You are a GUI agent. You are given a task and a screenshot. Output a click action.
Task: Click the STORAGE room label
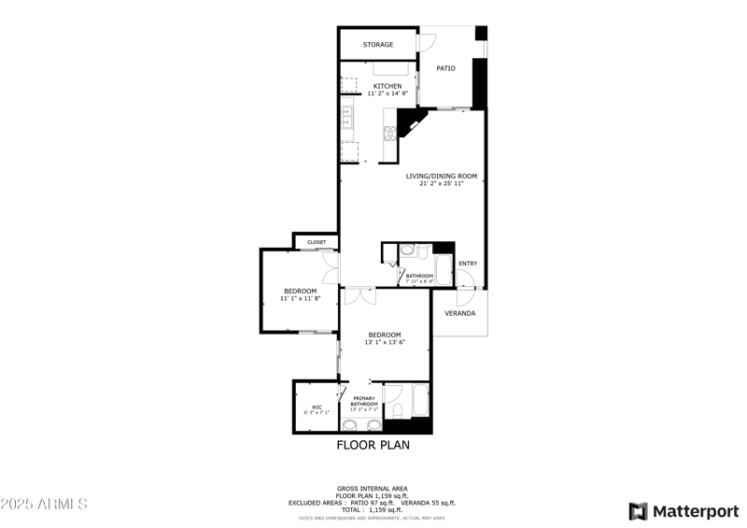pyautogui.click(x=378, y=45)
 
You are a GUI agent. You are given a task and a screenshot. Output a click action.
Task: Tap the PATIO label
pyautogui.click(x=446, y=68)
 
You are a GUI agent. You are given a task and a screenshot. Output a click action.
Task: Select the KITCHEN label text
pyautogui.click(x=388, y=86)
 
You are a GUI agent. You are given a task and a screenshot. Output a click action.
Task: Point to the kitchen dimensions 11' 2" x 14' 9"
pyautogui.click(x=388, y=93)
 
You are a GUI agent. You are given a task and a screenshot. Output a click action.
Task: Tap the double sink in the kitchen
pyautogui.click(x=345, y=118)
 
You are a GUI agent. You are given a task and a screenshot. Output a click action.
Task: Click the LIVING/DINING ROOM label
pyautogui.click(x=442, y=176)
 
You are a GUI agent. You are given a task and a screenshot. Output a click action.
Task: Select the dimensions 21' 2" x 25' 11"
pyautogui.click(x=442, y=183)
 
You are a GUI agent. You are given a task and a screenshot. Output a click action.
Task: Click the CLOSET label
pyautogui.click(x=317, y=242)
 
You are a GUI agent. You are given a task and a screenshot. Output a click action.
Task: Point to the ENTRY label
pyautogui.click(x=468, y=264)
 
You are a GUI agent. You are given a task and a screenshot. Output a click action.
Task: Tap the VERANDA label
pyautogui.click(x=459, y=313)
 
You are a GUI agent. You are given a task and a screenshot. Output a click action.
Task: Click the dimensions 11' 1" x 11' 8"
pyautogui.click(x=301, y=298)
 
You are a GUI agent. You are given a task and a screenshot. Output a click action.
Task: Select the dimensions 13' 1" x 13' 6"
pyautogui.click(x=385, y=342)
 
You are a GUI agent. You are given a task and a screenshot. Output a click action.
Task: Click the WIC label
pyautogui.click(x=317, y=407)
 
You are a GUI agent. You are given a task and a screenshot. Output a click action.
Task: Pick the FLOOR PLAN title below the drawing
pyautogui.click(x=373, y=446)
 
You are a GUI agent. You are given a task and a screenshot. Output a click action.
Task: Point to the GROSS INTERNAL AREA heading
pyautogui.click(x=372, y=489)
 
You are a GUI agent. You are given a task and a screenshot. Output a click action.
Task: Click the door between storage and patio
pyautogui.click(x=426, y=42)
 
